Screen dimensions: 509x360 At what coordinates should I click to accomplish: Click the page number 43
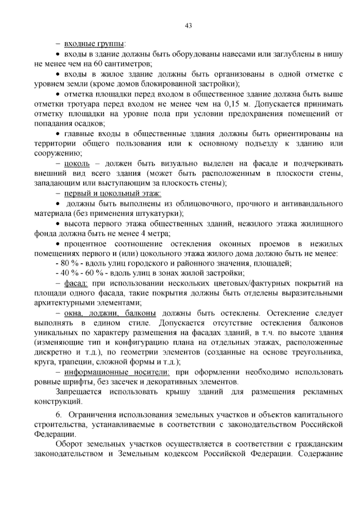[x=188, y=26]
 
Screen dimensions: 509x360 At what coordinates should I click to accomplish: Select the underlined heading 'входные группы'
[x=94, y=44]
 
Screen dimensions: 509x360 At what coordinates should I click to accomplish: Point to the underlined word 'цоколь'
[x=77, y=164]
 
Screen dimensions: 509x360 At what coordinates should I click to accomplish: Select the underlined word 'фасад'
[x=76, y=283]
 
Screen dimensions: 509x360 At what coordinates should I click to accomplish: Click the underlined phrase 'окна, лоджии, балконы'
[x=110, y=313]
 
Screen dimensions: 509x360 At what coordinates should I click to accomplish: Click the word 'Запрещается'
[x=79, y=392]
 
